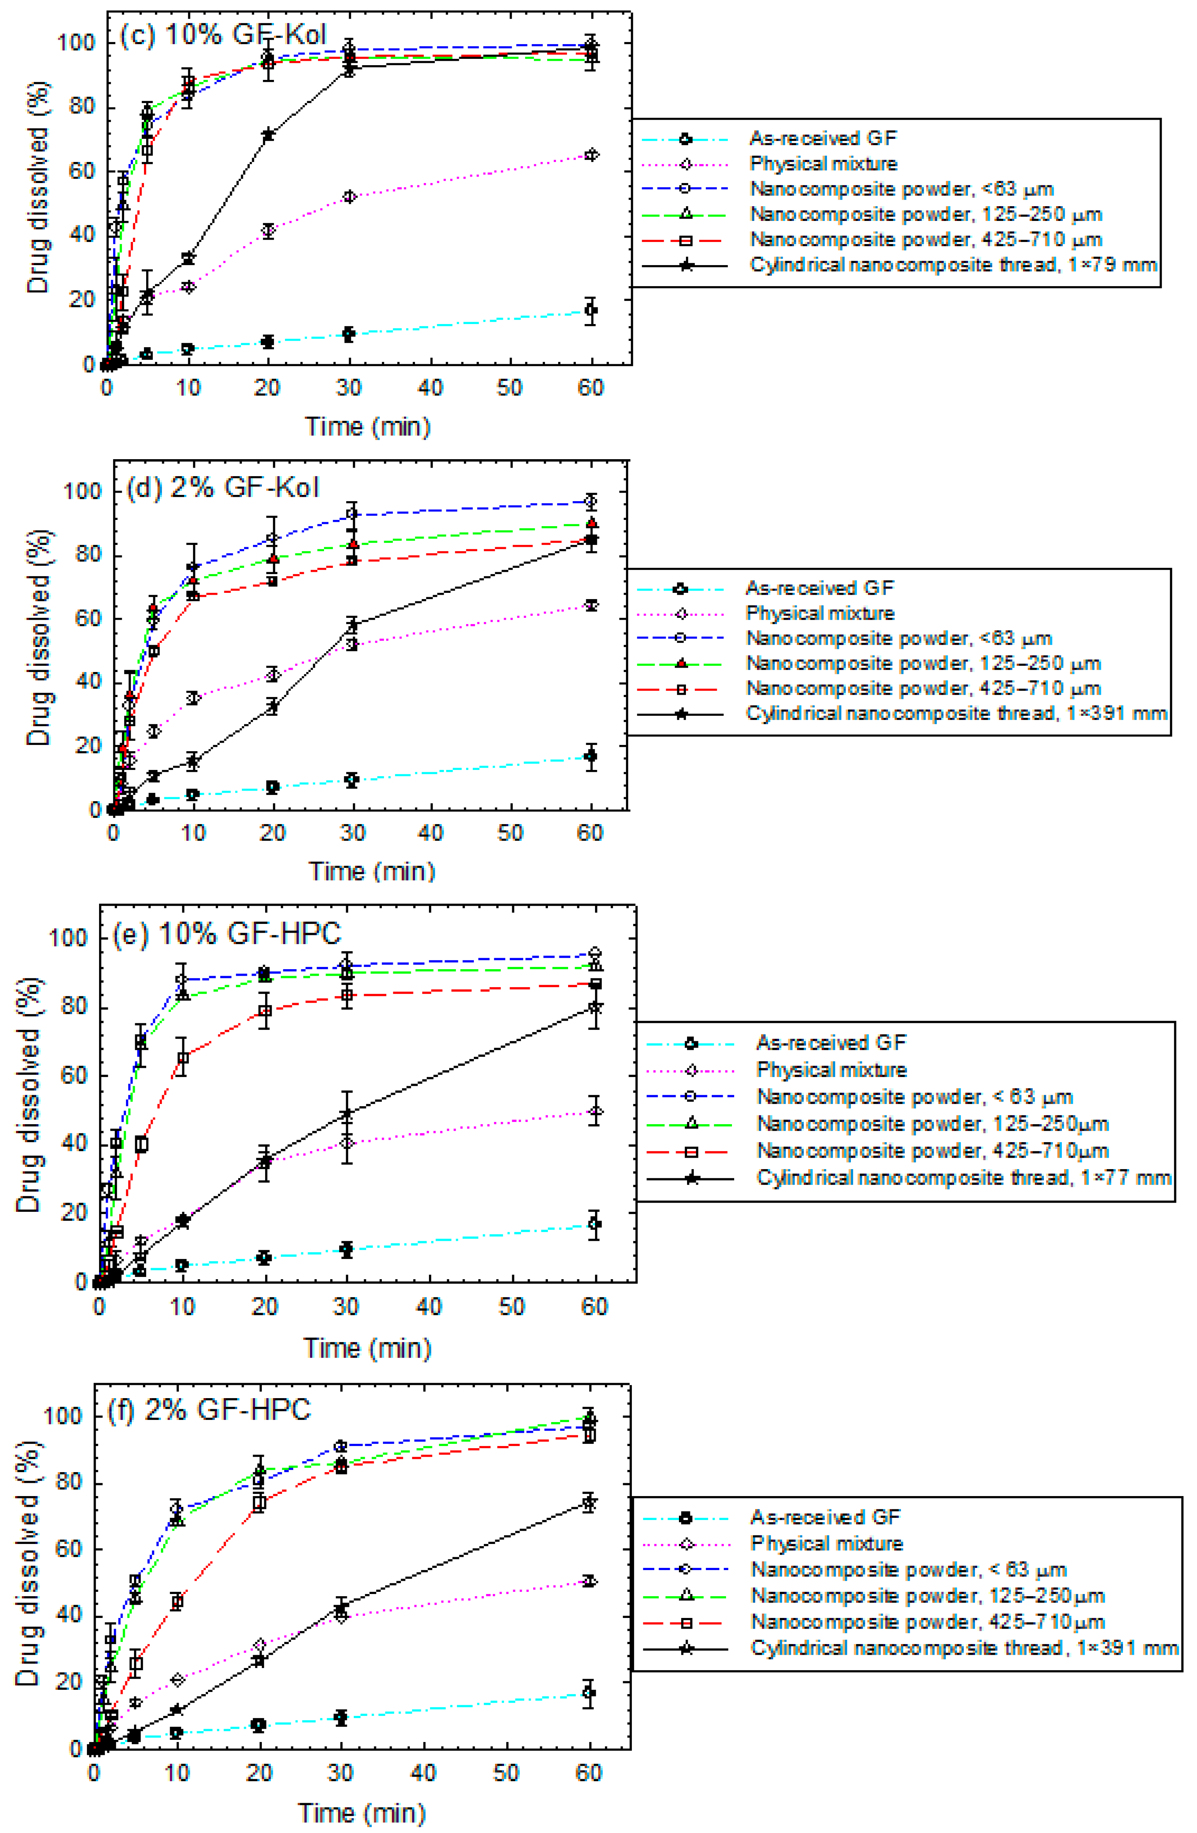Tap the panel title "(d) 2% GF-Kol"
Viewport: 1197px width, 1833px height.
click(x=222, y=488)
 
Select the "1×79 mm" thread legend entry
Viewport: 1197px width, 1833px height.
click(x=953, y=265)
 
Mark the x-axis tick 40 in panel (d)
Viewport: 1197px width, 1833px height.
click(x=430, y=833)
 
